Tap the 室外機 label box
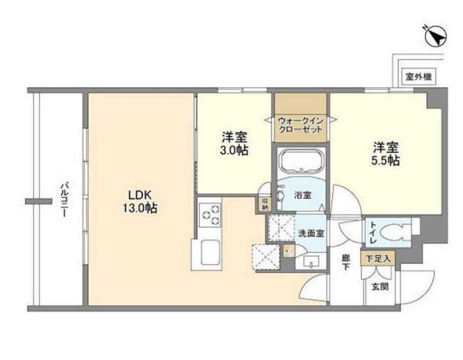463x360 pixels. [x=419, y=77]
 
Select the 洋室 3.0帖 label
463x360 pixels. [x=234, y=143]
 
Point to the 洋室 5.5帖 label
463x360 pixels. [x=386, y=154]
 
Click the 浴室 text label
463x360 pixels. [x=302, y=195]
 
